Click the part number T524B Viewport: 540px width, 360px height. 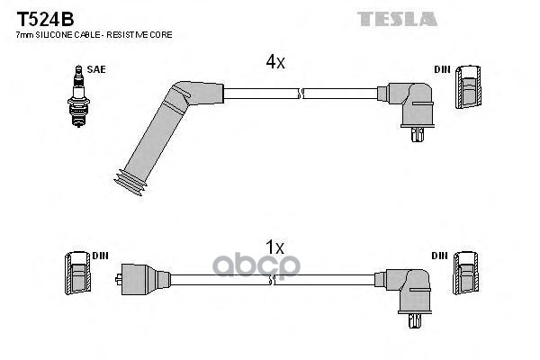[x=46, y=19]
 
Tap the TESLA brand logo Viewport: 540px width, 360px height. [x=397, y=19]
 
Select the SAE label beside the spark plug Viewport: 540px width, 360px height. [x=96, y=69]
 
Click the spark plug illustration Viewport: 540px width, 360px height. [x=79, y=96]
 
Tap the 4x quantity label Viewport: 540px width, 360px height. [x=275, y=62]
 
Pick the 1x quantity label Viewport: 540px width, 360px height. [x=274, y=247]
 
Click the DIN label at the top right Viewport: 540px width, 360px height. [x=442, y=69]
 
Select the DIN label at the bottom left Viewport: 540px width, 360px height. [x=100, y=256]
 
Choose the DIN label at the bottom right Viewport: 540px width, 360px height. [x=440, y=256]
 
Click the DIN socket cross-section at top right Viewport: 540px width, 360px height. [x=468, y=86]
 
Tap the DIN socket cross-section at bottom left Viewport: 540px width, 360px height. [x=78, y=274]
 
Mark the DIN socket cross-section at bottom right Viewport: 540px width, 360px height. [x=466, y=274]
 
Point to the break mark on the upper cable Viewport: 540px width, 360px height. [x=301, y=94]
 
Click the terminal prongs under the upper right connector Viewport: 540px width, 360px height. [x=418, y=134]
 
